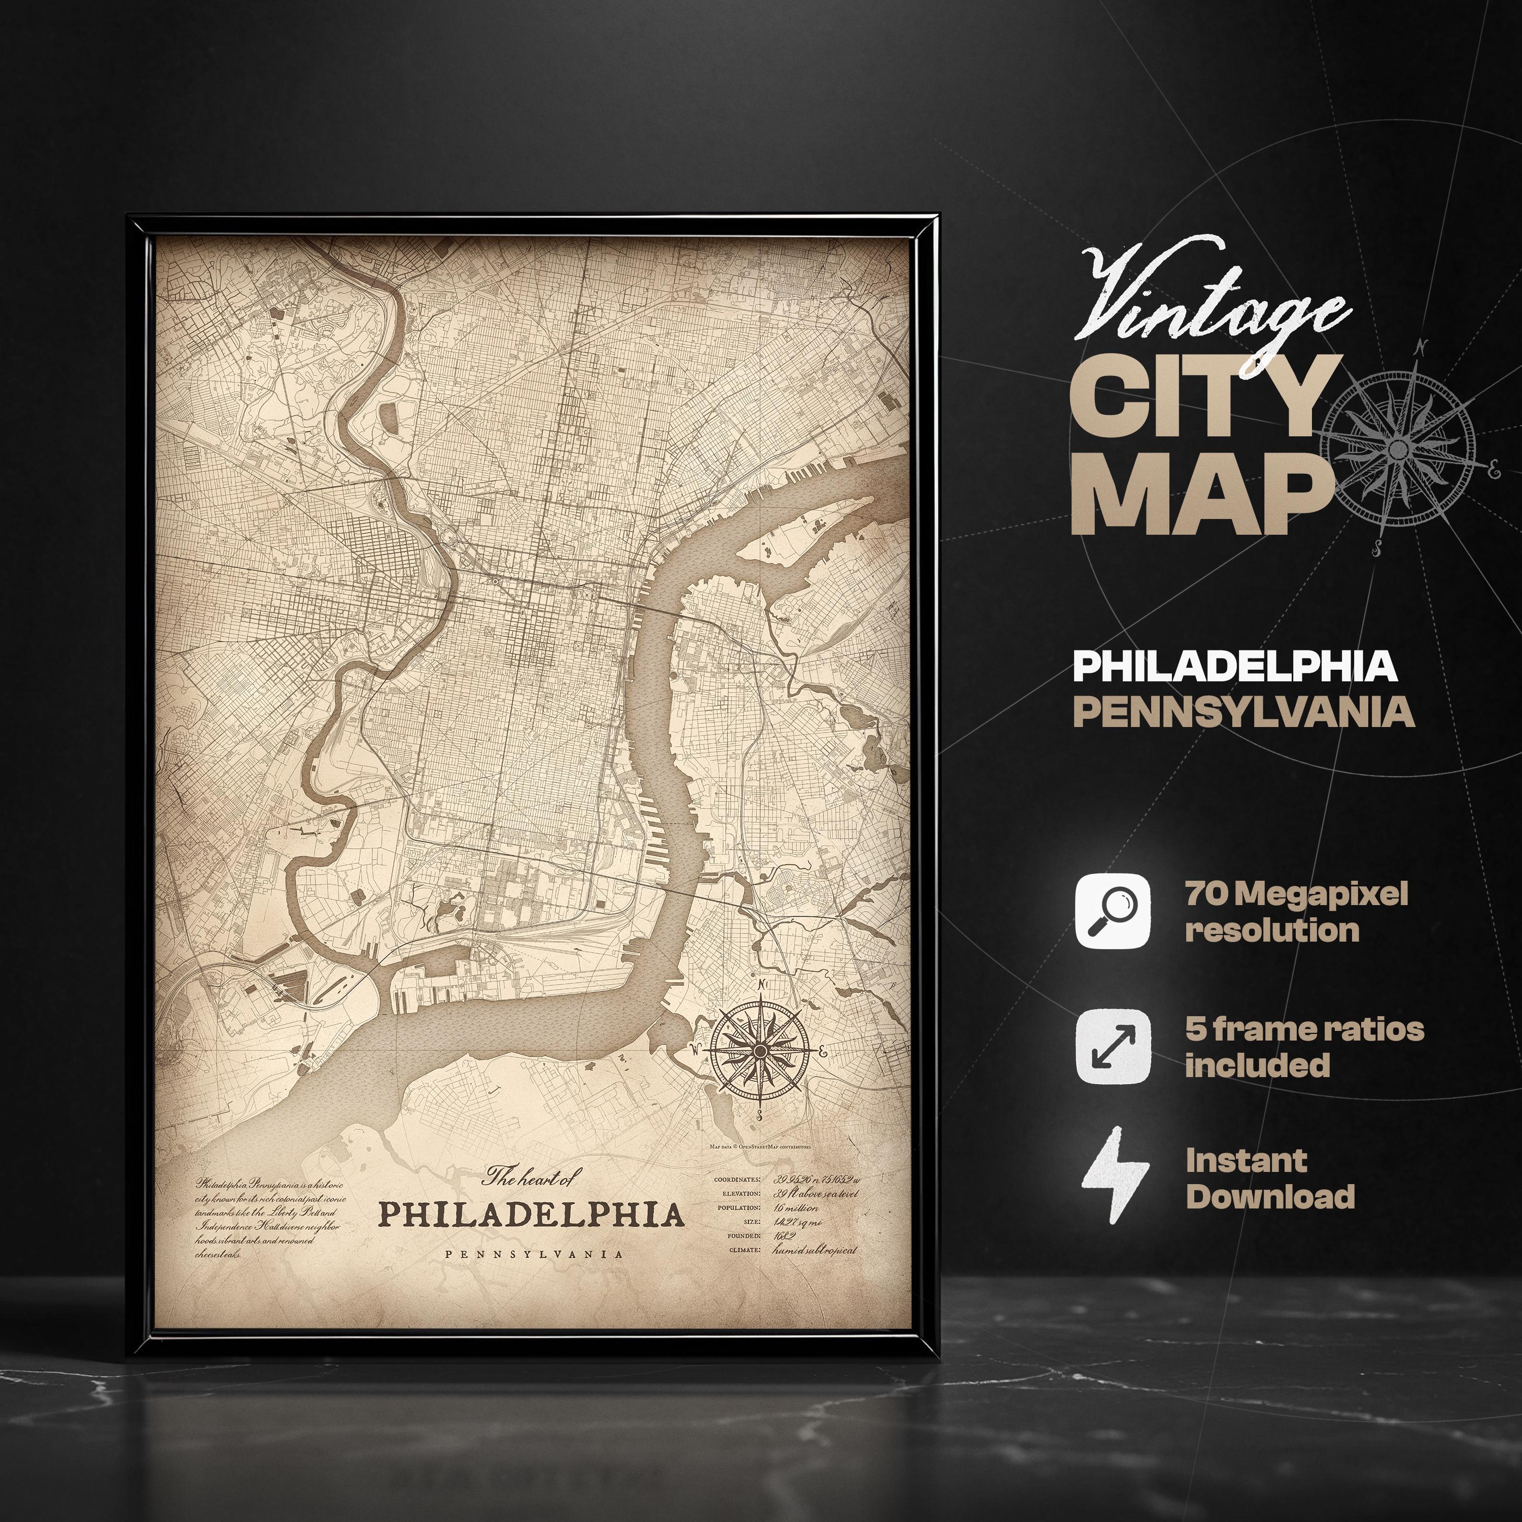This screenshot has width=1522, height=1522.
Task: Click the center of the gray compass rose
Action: (x=1398, y=449)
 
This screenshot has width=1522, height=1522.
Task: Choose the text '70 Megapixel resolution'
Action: (x=1296, y=912)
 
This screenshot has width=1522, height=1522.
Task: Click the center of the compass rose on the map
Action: (x=759, y=1051)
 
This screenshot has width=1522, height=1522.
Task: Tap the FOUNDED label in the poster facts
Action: (x=744, y=1235)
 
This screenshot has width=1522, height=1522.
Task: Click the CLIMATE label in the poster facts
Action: (x=744, y=1250)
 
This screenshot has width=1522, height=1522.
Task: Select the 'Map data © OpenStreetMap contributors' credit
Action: (x=759, y=1147)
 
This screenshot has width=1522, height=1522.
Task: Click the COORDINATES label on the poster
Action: (x=737, y=1180)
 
